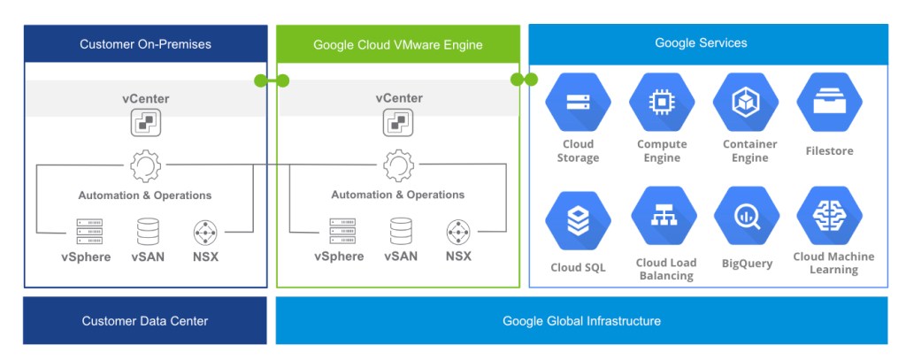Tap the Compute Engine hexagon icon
click(x=662, y=103)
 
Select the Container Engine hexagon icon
click(x=745, y=103)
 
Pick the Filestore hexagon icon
click(x=829, y=103)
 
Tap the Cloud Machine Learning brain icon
click(x=829, y=216)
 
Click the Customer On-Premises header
click(x=145, y=43)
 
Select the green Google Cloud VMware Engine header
click(x=398, y=43)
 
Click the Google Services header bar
click(x=708, y=42)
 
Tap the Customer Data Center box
click(x=145, y=320)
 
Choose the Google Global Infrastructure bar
click(x=581, y=320)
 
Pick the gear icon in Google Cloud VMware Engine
click(x=398, y=165)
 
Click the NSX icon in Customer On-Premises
click(x=205, y=233)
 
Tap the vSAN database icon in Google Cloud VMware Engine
click(x=402, y=232)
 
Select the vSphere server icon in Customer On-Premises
click(x=89, y=232)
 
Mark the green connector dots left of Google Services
click(x=524, y=80)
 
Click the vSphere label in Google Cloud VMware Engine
click(x=339, y=257)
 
